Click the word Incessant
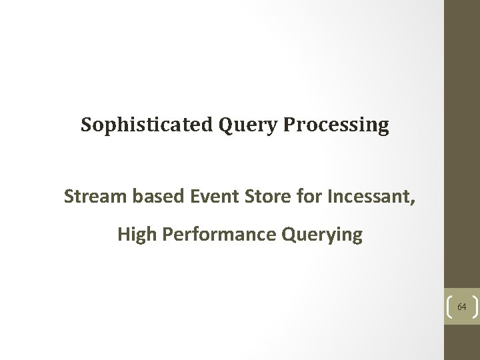point(367,197)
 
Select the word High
point(134,235)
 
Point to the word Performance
point(217,235)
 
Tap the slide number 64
point(461,307)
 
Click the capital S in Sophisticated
point(87,125)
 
